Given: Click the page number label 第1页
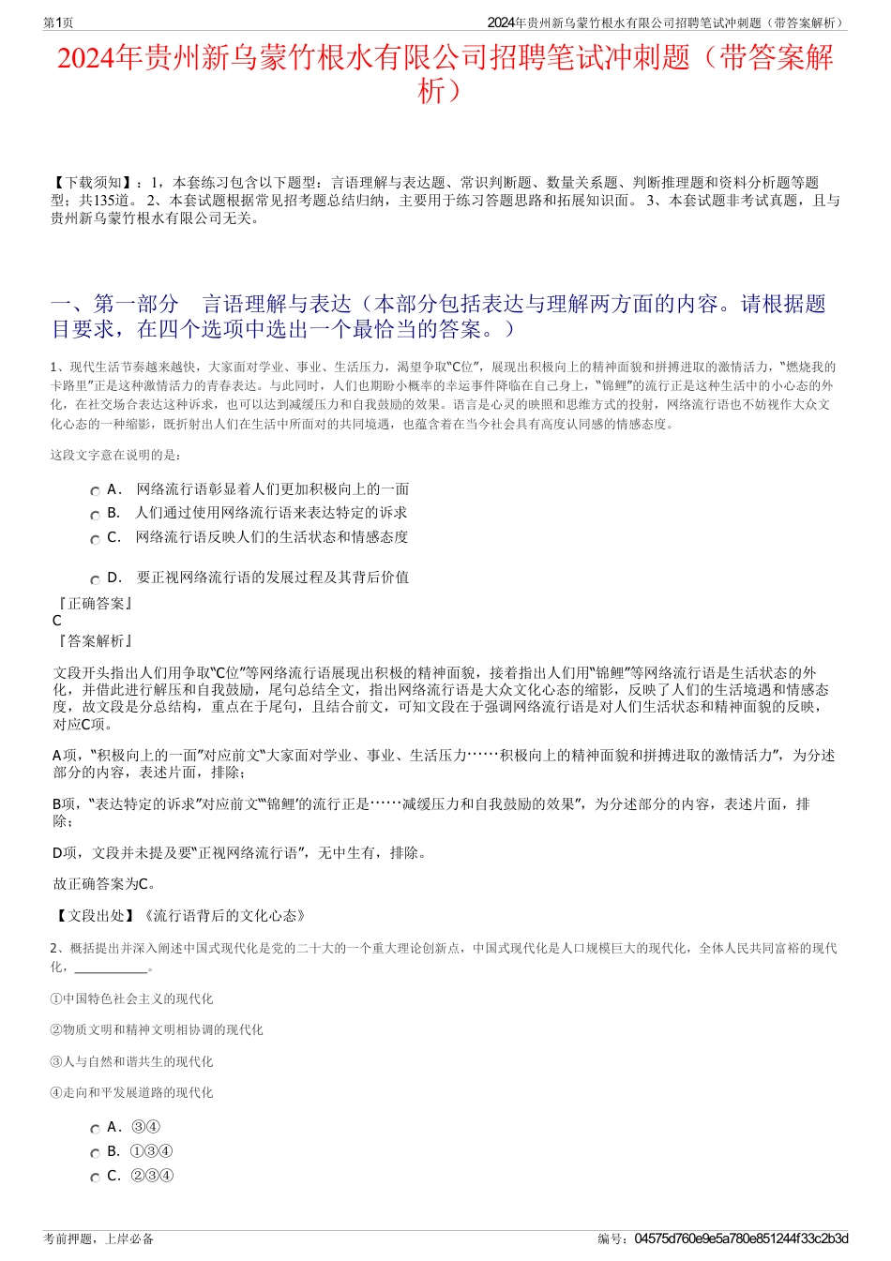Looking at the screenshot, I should coord(58,23).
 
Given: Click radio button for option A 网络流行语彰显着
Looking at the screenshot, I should coord(95,491).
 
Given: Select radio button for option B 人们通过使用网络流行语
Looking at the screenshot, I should coord(95,515).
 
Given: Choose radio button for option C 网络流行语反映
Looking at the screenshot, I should coord(95,539).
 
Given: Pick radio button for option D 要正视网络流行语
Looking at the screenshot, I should coord(95,579).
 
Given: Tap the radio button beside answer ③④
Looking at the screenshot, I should coord(95,1129).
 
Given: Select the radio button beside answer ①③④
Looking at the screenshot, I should coord(95,1153).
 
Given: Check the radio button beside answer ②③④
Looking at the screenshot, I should coord(95,1178).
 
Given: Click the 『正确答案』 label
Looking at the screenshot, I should coord(95,604).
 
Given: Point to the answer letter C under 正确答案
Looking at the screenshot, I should coord(57,621).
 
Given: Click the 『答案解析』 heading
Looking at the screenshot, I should coord(95,641).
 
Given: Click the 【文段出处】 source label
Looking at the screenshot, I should coord(95,916).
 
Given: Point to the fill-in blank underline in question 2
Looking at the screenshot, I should coord(110,968).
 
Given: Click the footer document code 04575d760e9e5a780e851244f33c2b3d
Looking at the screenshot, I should coord(741,1238).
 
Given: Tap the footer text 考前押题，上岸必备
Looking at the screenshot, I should coord(98,1238).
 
